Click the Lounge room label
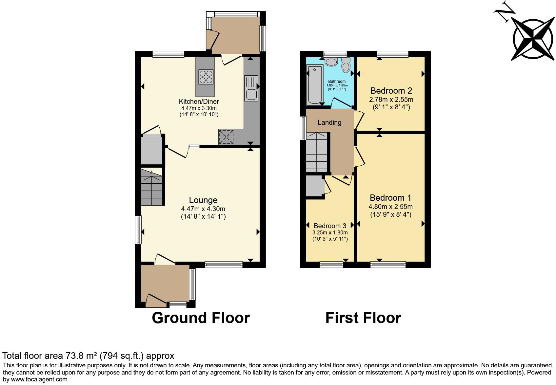(x=203, y=200)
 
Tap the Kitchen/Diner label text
(x=199, y=101)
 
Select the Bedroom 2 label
(x=391, y=91)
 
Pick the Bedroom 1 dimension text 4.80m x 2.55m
(x=390, y=207)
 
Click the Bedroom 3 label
(x=330, y=226)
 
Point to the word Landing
(x=329, y=122)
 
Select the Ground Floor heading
(x=201, y=318)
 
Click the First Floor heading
(x=363, y=318)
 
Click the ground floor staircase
(x=152, y=187)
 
